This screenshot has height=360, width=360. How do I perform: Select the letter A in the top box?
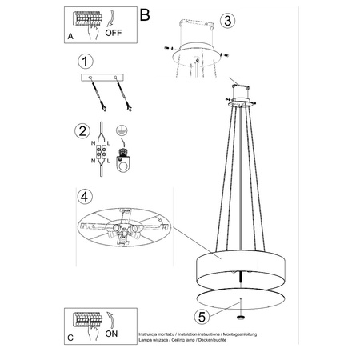[70, 37]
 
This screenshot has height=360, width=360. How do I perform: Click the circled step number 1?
[82, 61]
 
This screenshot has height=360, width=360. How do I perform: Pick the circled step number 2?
[82, 131]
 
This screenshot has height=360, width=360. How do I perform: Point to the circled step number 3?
[227, 20]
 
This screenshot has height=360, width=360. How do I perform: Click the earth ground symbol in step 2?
[122, 130]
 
